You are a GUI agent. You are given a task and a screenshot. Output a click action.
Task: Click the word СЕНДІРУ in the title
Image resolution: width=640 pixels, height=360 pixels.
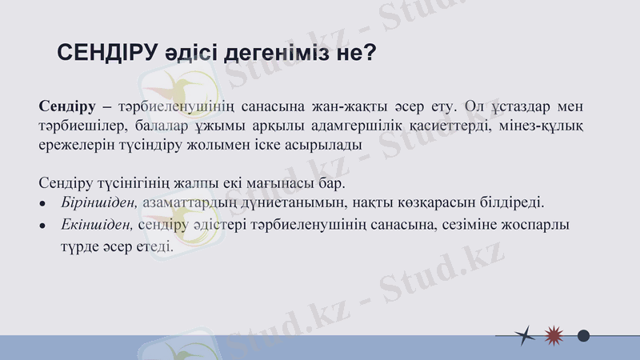(104, 53)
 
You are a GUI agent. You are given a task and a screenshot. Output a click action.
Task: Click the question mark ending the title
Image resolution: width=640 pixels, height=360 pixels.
(370, 53)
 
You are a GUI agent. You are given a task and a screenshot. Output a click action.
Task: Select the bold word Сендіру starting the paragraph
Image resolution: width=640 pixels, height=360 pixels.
(67, 106)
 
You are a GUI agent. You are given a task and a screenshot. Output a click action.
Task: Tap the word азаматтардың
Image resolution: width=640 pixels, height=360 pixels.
(198, 203)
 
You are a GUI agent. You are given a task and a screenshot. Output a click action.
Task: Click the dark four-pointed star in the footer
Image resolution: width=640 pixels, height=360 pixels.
(524, 335)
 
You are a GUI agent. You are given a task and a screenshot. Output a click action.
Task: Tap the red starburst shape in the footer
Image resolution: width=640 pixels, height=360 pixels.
(553, 335)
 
